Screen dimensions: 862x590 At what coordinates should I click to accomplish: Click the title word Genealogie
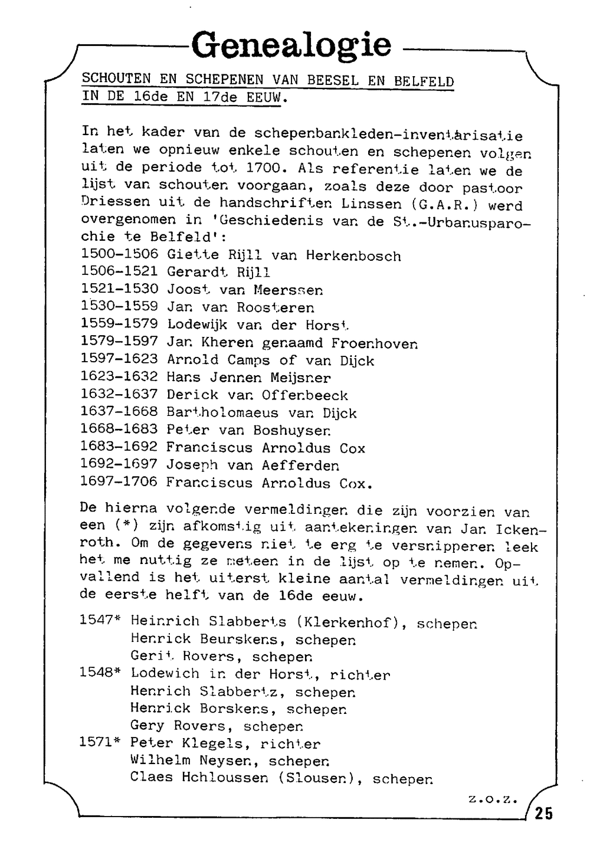(291, 45)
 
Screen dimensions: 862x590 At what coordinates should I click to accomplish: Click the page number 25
(544, 814)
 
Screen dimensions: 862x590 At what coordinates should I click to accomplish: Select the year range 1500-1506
(119, 254)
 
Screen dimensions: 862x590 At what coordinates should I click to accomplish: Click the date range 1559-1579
(119, 324)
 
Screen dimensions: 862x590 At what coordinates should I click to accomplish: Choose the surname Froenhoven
(374, 343)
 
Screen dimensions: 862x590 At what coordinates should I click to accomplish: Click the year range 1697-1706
(119, 482)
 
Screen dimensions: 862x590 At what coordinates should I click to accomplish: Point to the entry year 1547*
(100, 620)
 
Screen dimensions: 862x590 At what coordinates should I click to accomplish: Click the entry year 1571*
(100, 742)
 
